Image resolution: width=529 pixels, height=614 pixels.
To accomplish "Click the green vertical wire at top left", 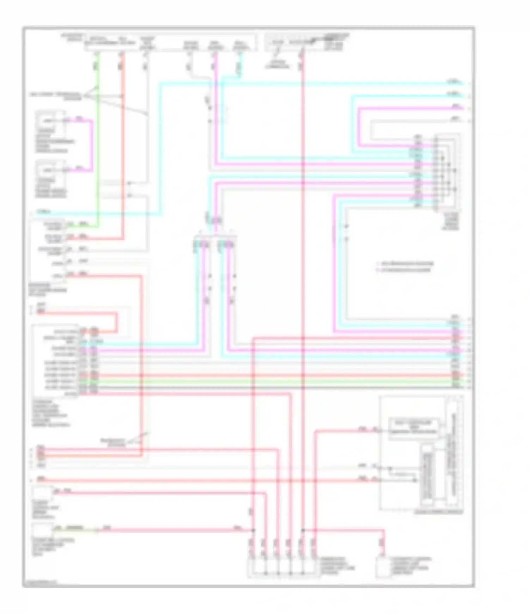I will pos(98,141).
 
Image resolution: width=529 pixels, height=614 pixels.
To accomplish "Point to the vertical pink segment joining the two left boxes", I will pos(92,145).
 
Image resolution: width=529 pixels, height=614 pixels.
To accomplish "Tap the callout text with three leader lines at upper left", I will pos(56,96).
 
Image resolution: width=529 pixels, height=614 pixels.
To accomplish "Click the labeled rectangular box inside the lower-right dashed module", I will pos(414,428).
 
